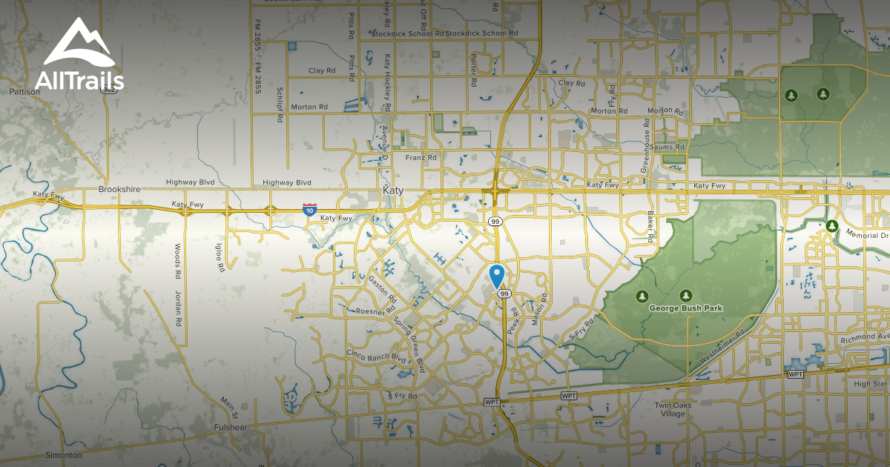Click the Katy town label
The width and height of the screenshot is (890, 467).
pyautogui.click(x=393, y=191)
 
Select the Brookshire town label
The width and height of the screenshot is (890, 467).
pyautogui.click(x=119, y=190)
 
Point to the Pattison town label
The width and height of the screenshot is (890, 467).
pyautogui.click(x=24, y=92)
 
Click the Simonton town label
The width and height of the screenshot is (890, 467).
pyautogui.click(x=63, y=454)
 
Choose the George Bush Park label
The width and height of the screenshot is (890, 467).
pyautogui.click(x=685, y=308)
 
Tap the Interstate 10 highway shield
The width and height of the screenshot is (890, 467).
pyautogui.click(x=309, y=211)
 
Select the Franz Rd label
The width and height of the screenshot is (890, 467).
pyautogui.click(x=421, y=158)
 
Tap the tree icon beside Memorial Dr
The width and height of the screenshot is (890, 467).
pyautogui.click(x=832, y=225)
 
